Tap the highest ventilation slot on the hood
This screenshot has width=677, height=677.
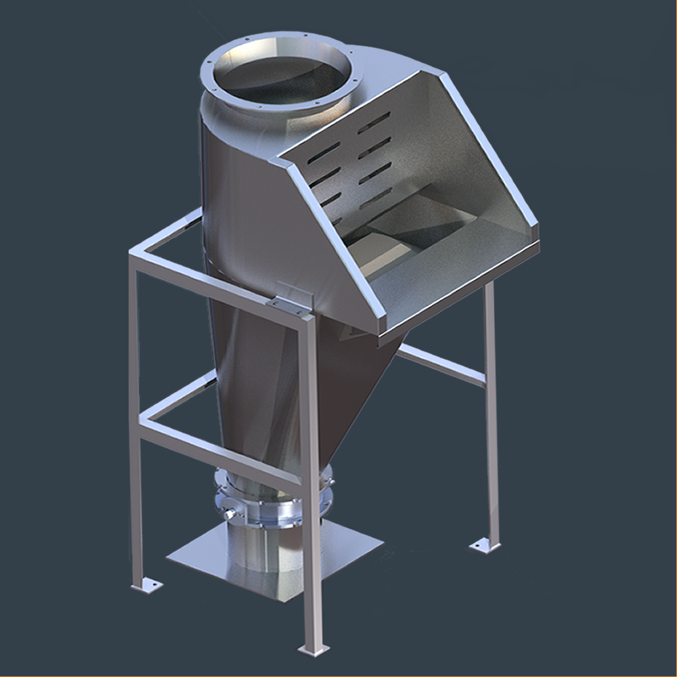pyautogui.click(x=374, y=123)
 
